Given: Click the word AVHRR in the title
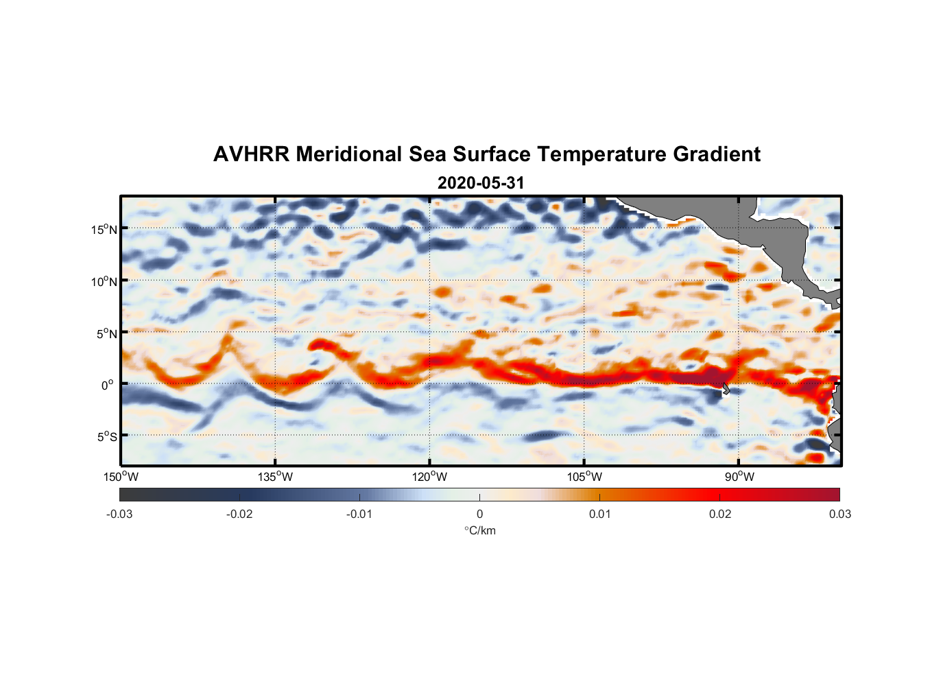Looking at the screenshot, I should [250, 154].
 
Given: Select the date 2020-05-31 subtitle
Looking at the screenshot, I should [481, 183].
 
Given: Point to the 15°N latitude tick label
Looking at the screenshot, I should [104, 229].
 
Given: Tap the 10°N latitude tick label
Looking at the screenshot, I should [104, 281].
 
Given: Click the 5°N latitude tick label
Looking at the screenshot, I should [107, 333].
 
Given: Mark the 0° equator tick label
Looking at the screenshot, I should [108, 385].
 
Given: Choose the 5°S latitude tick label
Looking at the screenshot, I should [107, 436].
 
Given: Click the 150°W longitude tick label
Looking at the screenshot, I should [121, 477].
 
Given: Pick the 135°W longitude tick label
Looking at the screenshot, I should [276, 477].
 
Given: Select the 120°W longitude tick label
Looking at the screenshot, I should [430, 477].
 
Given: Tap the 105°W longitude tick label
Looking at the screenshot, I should [584, 477].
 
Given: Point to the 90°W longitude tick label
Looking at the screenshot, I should [739, 477].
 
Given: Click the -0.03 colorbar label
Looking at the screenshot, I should [119, 514].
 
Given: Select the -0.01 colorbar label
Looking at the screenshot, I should [359, 514].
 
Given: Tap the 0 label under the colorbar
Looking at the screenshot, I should [479, 514].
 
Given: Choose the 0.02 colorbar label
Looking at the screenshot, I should [720, 514].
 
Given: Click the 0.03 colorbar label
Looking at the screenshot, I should [839, 514].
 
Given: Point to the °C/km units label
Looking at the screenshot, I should [480, 530].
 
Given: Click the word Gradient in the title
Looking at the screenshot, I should [717, 154].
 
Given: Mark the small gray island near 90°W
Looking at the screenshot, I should [726, 389].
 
